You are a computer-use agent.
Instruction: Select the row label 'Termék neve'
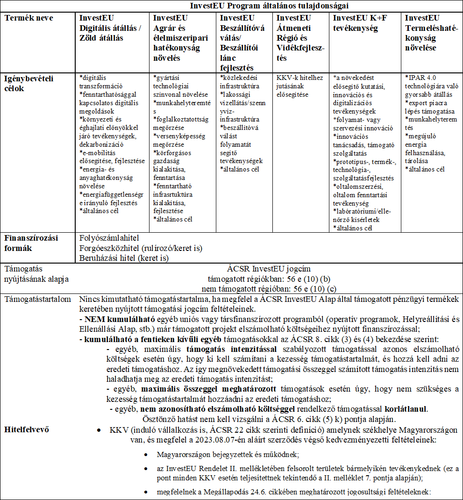pos(29,18)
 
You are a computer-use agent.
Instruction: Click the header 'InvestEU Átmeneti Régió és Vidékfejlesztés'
pos(300,38)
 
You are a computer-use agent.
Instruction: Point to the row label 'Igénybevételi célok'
pos(28,83)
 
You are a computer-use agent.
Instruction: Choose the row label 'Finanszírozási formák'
pos(30,243)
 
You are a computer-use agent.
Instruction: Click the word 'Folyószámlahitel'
pos(106,238)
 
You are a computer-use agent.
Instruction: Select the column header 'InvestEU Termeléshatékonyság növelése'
pos(431,33)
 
